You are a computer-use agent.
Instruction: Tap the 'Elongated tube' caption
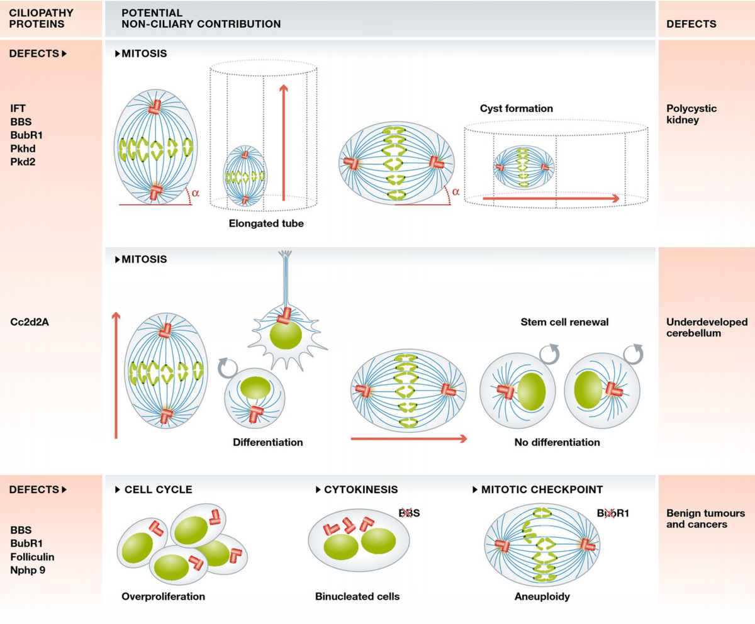[266, 223]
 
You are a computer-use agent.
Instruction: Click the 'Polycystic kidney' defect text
[691, 114]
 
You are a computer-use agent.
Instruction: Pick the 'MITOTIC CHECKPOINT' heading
[542, 489]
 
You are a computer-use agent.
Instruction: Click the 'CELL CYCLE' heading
[158, 489]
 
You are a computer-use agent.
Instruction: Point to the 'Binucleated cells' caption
[357, 596]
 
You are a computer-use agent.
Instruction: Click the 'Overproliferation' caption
[163, 596]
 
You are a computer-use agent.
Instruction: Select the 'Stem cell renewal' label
[565, 322]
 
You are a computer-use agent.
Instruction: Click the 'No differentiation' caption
[557, 442]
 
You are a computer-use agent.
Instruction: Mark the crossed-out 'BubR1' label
[613, 513]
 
